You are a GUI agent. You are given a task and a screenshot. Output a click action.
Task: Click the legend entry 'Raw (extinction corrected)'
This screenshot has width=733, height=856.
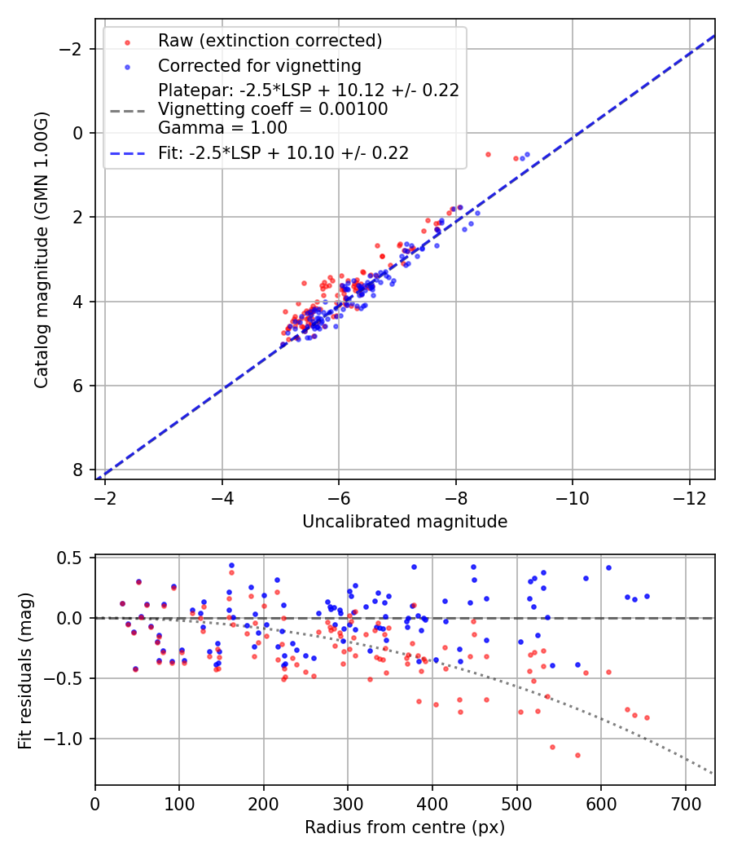point(270,41)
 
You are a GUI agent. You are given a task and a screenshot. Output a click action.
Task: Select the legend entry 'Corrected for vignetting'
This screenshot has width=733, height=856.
point(259,65)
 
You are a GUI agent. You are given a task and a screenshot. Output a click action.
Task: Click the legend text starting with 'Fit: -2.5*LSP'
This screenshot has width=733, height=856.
point(283,152)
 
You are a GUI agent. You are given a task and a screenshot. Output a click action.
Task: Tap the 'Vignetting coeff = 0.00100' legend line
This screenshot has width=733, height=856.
point(273,109)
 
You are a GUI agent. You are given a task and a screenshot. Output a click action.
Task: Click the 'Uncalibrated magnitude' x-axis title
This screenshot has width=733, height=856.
point(405,522)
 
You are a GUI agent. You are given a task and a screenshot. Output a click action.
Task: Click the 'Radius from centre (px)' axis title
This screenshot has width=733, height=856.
point(405,827)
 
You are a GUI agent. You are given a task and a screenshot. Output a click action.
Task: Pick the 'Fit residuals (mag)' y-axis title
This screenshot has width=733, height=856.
point(25,670)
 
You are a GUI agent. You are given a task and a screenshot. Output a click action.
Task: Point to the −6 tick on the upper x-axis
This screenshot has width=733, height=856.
point(339,500)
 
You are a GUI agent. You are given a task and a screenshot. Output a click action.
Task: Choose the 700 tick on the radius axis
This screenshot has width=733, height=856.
point(685,805)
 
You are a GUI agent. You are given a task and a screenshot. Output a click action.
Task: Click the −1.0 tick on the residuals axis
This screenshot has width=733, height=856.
point(67,739)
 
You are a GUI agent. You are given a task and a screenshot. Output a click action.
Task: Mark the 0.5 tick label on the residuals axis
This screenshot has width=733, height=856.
point(72,558)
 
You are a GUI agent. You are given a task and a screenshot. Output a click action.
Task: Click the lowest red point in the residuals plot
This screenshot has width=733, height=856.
point(577,755)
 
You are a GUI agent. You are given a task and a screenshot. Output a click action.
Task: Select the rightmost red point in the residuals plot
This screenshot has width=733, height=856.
point(647,717)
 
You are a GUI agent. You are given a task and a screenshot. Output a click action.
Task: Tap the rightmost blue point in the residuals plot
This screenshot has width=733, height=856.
point(647,596)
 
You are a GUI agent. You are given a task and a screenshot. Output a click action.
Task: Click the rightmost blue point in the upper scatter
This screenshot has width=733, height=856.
point(527,154)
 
